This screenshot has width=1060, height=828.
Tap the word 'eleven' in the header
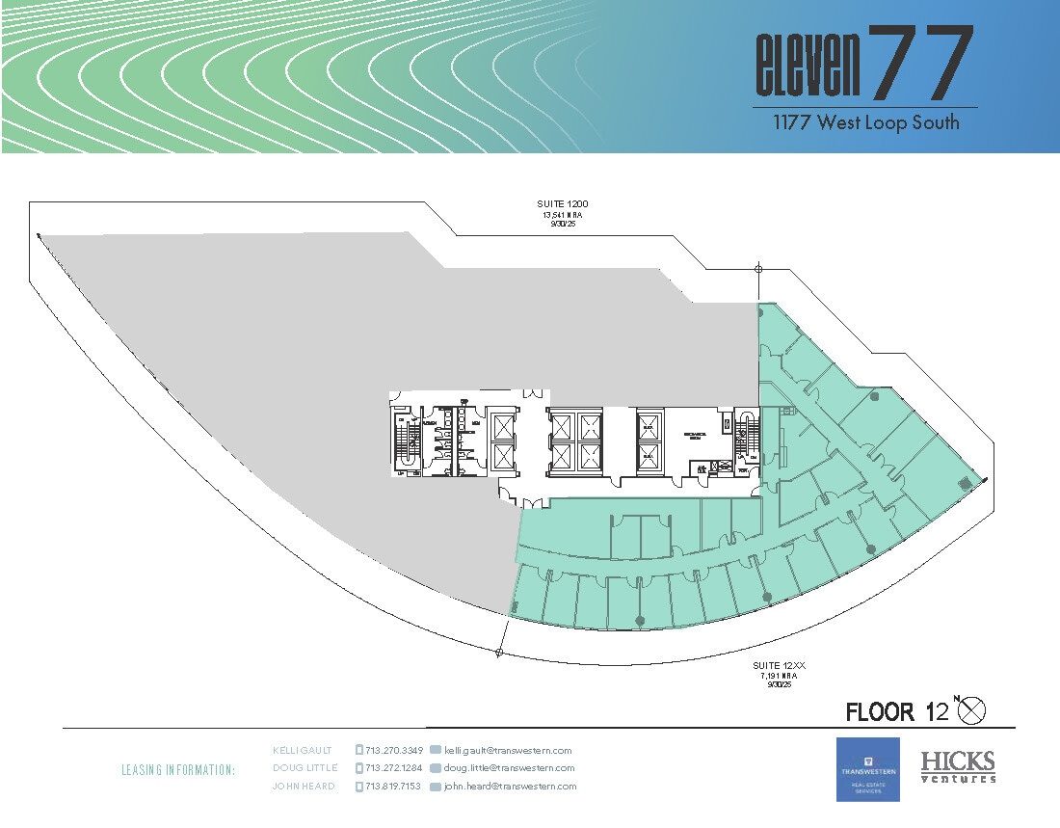tap(808, 67)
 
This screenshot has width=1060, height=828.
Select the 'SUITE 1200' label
tap(563, 204)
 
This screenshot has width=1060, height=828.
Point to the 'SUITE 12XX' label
tap(776, 666)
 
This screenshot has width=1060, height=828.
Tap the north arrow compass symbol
tap(973, 710)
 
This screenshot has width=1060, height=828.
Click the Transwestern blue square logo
tap(867, 769)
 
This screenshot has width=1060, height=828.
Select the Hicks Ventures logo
tap(958, 767)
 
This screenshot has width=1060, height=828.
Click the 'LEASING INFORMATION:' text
tap(178, 770)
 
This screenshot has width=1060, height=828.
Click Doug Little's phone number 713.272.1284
tap(395, 768)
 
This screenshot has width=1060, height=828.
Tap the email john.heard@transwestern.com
tap(510, 787)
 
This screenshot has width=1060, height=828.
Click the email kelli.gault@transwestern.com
tap(508, 750)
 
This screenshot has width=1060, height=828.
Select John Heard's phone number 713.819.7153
tap(395, 787)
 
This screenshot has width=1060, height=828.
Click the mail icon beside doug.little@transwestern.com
tap(436, 768)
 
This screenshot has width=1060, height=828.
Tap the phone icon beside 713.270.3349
tap(359, 750)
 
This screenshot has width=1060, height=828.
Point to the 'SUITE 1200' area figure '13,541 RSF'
tap(563, 215)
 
